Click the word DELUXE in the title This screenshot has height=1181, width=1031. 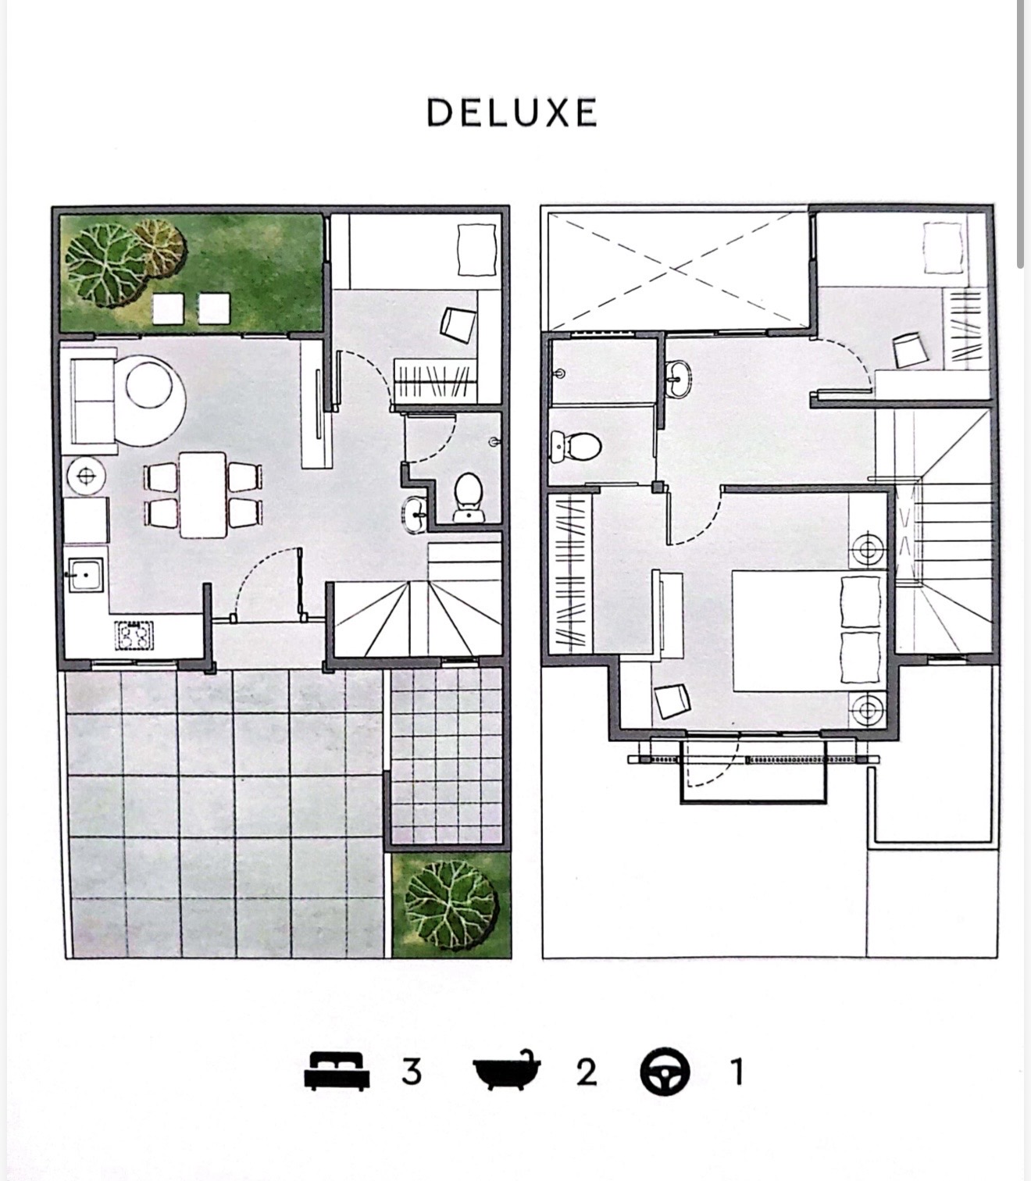click(512, 112)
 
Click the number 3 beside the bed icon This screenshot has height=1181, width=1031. click(412, 1072)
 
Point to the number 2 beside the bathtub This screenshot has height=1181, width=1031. click(586, 1072)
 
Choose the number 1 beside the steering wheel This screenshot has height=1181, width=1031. click(736, 1072)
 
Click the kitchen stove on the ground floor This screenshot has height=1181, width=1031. click(134, 635)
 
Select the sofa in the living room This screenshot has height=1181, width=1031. click(92, 400)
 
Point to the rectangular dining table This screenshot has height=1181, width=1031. click(202, 495)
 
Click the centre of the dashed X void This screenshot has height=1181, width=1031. click(676, 270)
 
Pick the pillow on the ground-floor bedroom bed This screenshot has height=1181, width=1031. click(476, 250)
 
